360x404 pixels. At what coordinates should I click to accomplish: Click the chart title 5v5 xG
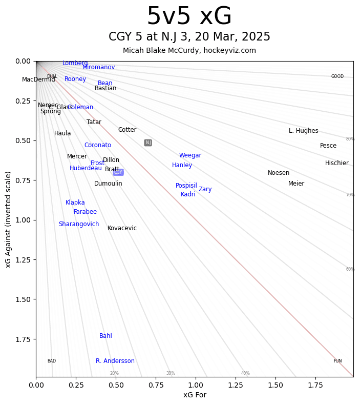189,17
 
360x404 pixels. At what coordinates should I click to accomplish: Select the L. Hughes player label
303,131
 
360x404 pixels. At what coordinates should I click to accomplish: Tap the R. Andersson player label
115,361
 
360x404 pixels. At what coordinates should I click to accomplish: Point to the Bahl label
105,336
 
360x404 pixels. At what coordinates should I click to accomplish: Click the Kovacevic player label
122,228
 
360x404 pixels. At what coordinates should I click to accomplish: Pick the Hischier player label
336,163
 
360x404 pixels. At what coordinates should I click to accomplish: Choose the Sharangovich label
79,224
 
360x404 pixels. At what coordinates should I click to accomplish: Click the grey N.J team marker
148,143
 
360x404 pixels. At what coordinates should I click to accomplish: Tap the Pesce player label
328,146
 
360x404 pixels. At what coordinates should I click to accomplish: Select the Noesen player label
279,173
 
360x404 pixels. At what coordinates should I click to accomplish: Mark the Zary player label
205,189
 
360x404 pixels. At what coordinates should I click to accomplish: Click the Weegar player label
190,155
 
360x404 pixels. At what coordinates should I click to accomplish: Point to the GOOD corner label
337,76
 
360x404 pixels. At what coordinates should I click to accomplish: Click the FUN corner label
337,361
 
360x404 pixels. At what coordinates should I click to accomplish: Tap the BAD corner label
52,361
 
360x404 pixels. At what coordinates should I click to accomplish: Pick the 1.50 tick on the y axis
23,299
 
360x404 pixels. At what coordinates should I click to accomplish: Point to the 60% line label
350,269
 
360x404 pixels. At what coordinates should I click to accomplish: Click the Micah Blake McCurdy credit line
189,50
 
